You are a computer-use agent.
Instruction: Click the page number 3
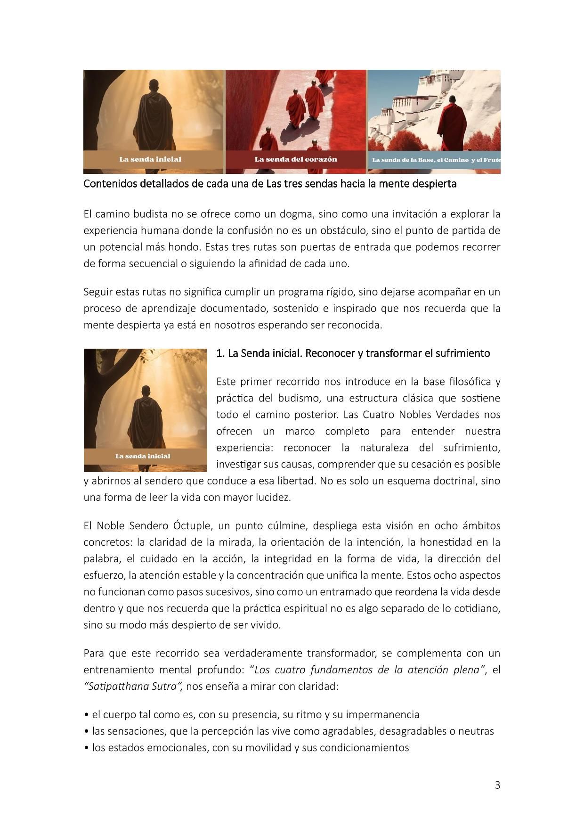click(x=497, y=785)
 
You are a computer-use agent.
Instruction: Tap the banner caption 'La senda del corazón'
click(x=296, y=159)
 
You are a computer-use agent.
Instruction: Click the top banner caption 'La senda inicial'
click(x=150, y=159)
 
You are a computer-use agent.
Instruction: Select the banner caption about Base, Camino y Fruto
click(x=436, y=160)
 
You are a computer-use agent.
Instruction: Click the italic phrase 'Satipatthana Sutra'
click(x=133, y=686)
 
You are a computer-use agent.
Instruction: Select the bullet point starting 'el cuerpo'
click(x=251, y=714)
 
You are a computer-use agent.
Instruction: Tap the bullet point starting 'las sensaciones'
click(x=289, y=731)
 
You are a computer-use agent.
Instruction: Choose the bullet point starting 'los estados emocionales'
click(x=246, y=747)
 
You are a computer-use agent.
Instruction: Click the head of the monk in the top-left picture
click(x=154, y=86)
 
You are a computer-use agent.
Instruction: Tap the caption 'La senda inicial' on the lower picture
click(x=143, y=456)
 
